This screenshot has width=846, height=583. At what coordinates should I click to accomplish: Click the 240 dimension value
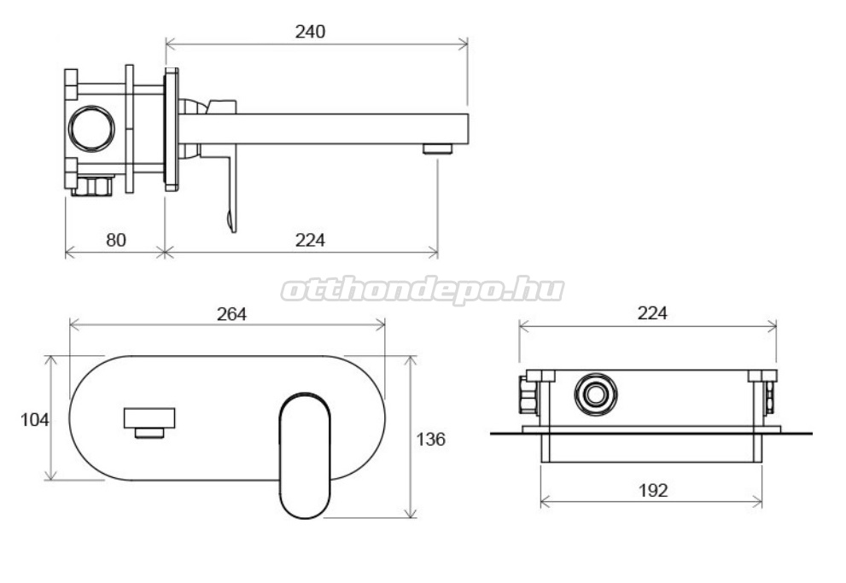click(x=310, y=32)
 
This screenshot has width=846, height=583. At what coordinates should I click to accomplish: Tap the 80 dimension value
click(x=116, y=240)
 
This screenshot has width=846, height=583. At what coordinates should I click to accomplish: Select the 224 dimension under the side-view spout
click(x=310, y=240)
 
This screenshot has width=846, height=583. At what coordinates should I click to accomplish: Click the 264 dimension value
click(x=232, y=314)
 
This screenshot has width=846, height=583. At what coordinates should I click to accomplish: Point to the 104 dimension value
click(x=34, y=420)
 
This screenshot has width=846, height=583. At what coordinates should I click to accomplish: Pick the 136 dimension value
click(x=430, y=440)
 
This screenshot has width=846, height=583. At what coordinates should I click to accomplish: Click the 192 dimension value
click(x=653, y=490)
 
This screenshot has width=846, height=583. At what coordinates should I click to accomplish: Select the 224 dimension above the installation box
click(x=652, y=312)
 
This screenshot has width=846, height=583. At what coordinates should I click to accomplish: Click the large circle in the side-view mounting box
click(x=91, y=128)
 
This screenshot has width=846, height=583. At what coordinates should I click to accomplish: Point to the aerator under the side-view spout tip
click(x=437, y=149)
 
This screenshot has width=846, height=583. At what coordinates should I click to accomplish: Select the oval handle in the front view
click(x=305, y=456)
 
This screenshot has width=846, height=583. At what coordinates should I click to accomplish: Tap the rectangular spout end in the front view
click(x=149, y=418)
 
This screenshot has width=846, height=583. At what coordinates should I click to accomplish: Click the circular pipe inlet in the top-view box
click(x=596, y=394)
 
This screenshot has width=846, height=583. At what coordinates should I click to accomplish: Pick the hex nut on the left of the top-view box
click(x=528, y=395)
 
